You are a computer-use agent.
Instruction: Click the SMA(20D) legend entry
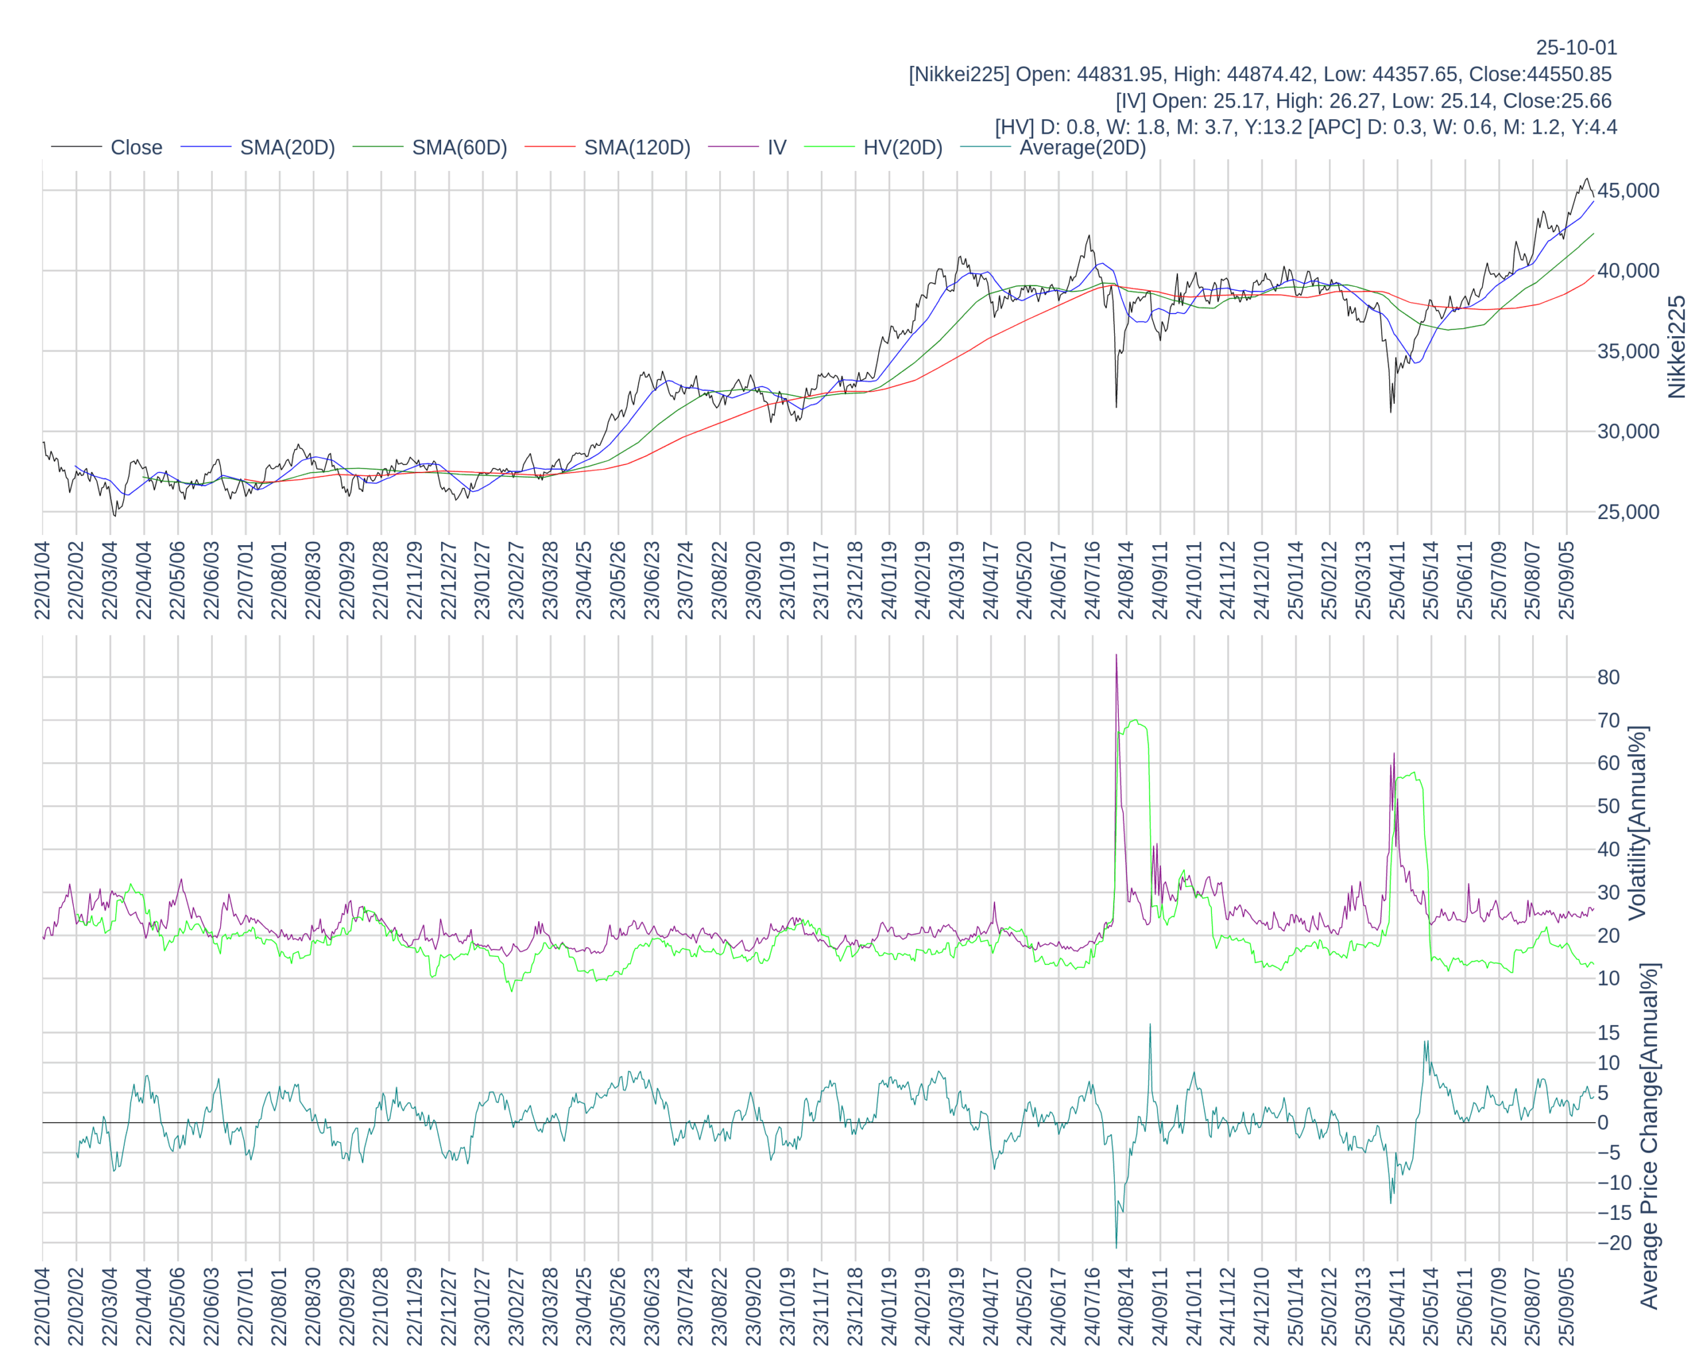287,148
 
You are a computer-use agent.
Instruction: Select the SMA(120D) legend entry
637,148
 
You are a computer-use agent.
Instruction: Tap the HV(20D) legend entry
902,148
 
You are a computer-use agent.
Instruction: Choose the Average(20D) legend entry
1082,148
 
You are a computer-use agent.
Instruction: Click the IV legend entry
776,148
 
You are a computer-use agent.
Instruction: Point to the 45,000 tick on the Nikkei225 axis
1628,191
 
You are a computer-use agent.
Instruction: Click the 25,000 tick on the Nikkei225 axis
1628,512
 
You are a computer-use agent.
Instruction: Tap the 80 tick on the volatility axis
1609,677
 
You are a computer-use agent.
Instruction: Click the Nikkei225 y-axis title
1676,347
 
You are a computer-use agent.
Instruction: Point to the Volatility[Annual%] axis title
1637,823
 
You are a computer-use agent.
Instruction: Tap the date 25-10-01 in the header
1576,47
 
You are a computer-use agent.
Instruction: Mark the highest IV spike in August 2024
1116,655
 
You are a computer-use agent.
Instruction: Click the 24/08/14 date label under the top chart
1126,581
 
